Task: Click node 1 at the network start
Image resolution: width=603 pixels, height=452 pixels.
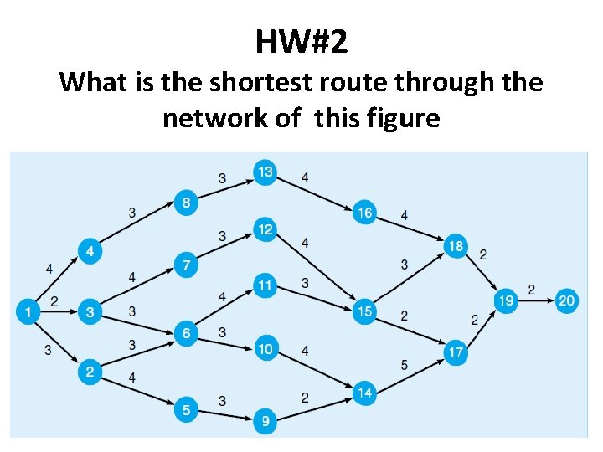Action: (x=28, y=313)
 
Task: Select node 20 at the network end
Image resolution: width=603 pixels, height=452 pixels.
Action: (x=567, y=301)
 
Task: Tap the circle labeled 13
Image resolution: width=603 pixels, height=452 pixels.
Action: (x=265, y=172)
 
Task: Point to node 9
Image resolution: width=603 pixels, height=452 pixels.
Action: (x=265, y=421)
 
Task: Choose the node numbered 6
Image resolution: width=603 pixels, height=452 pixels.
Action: (x=186, y=333)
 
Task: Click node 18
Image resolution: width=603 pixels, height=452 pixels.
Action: (x=456, y=246)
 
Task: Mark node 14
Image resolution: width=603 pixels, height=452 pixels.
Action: (x=364, y=391)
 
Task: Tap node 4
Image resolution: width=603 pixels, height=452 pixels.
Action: (x=90, y=251)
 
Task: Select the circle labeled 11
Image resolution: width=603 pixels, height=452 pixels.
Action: (x=265, y=286)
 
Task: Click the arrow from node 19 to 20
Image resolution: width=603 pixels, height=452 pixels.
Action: (x=536, y=301)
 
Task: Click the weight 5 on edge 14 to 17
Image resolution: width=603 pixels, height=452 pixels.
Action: (x=405, y=364)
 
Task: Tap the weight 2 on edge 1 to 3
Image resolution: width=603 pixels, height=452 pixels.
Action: (x=54, y=300)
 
